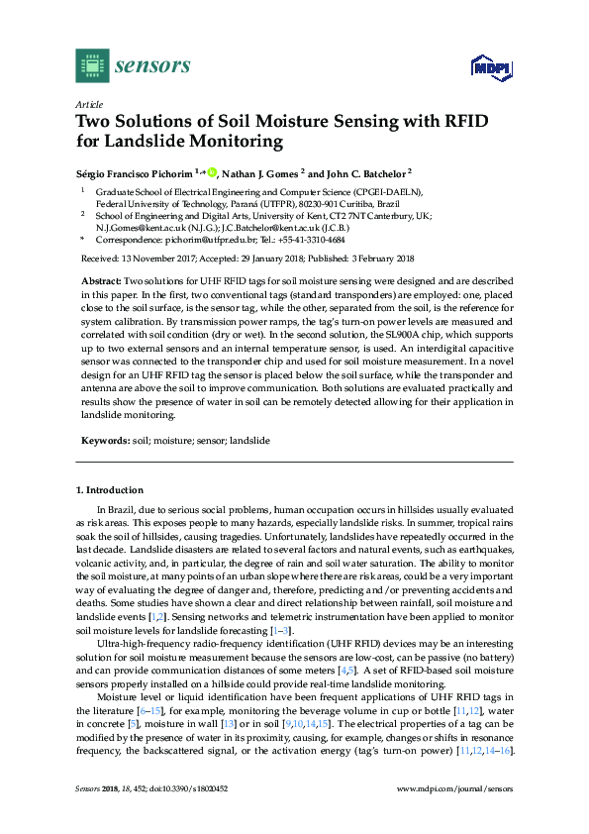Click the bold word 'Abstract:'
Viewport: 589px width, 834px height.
coord(101,282)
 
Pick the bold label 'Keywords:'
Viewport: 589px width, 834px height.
coord(105,439)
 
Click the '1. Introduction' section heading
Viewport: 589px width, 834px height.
coord(110,490)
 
